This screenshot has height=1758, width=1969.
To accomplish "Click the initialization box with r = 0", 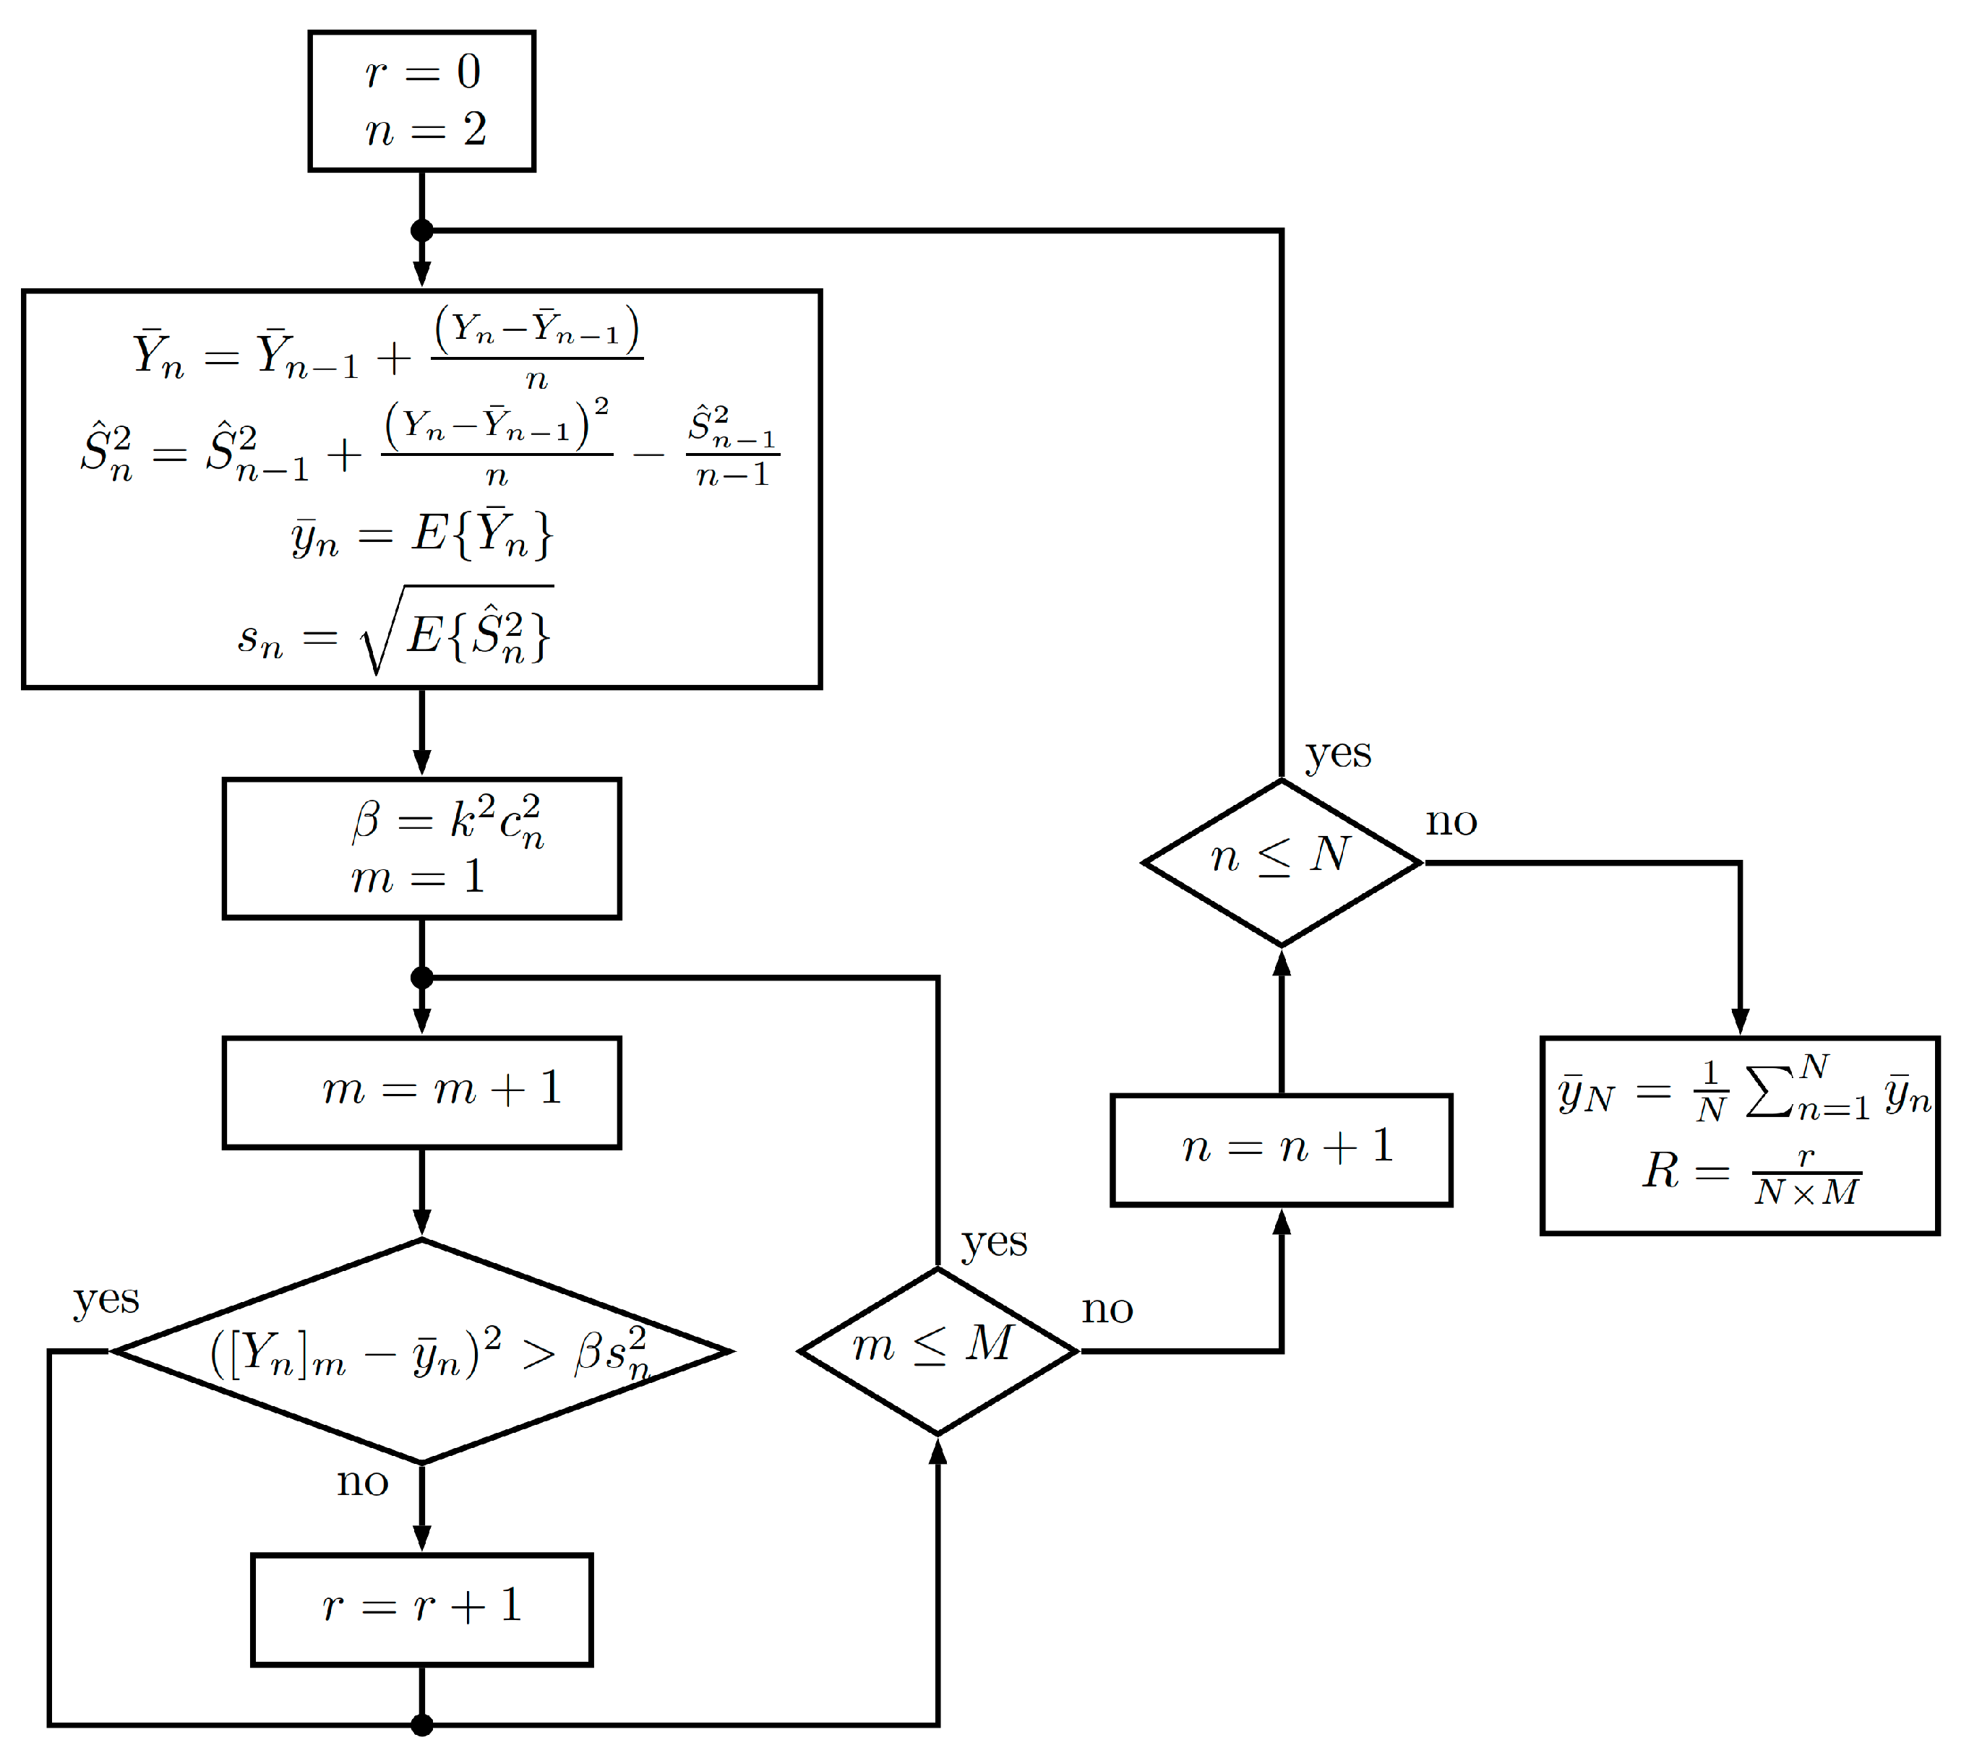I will point(421,100).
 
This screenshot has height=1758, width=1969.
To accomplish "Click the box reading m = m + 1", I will point(421,1092).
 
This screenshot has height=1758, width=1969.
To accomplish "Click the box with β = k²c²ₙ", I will point(421,847).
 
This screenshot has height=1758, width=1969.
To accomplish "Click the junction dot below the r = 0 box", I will point(421,230).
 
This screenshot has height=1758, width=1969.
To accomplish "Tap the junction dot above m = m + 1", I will point(421,977).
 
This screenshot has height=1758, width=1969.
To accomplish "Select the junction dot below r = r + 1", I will point(421,1724).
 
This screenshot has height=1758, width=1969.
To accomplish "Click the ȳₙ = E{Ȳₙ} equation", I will point(421,533).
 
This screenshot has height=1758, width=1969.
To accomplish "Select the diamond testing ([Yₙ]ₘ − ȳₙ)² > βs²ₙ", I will point(421,1350).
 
